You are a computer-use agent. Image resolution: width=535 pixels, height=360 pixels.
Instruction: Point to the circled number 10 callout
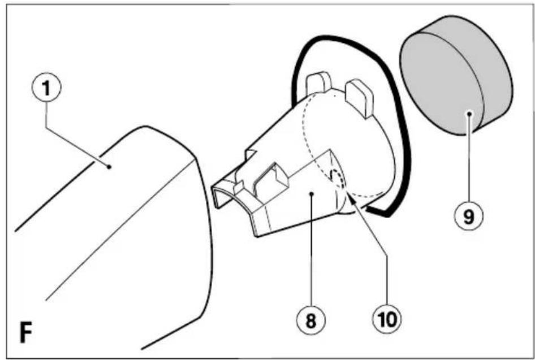387,320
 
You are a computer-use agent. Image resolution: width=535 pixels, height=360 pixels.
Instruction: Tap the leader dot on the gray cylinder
469,114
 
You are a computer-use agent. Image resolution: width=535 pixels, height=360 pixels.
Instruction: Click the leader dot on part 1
109,167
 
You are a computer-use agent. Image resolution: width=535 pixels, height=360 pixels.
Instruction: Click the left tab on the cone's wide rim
318,83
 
